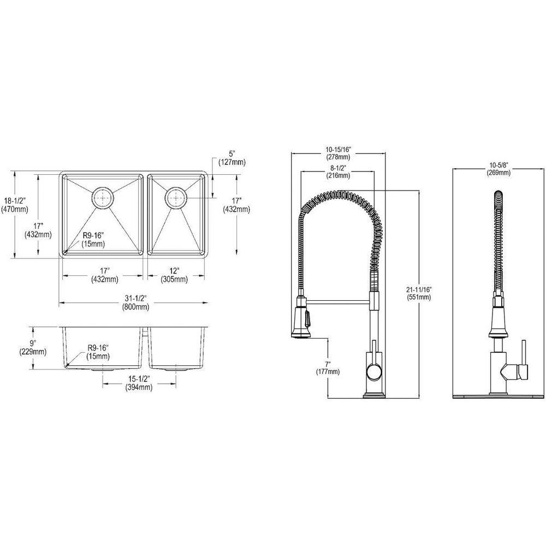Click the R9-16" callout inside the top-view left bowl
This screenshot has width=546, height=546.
coord(93,239)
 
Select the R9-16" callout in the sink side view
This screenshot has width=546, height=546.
coord(98,353)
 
